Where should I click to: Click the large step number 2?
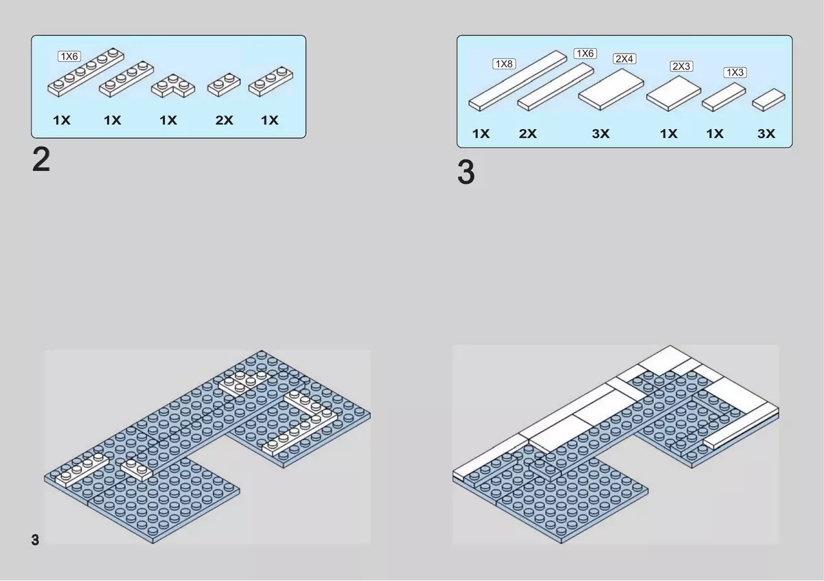(41, 159)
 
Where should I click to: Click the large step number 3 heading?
(466, 172)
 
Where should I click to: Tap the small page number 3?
(35, 540)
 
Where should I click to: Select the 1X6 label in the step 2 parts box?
(69, 56)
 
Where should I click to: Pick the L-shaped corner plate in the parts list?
(173, 86)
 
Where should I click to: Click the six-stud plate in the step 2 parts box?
(86, 72)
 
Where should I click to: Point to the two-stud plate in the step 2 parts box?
(224, 84)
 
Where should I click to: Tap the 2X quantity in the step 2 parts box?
(224, 120)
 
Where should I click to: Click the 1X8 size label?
(504, 64)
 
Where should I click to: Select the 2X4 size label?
(624, 58)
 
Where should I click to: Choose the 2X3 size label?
(681, 66)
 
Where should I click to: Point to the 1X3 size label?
(735, 73)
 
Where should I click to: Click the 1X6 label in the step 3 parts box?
(585, 54)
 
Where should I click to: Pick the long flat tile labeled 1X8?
(518, 80)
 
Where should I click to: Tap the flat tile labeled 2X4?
(611, 89)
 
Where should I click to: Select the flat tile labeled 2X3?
(674, 93)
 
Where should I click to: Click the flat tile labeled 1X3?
(724, 97)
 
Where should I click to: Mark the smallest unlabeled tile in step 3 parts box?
(768, 100)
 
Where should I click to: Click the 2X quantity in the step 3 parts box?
(527, 133)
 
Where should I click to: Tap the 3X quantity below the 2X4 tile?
(600, 133)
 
